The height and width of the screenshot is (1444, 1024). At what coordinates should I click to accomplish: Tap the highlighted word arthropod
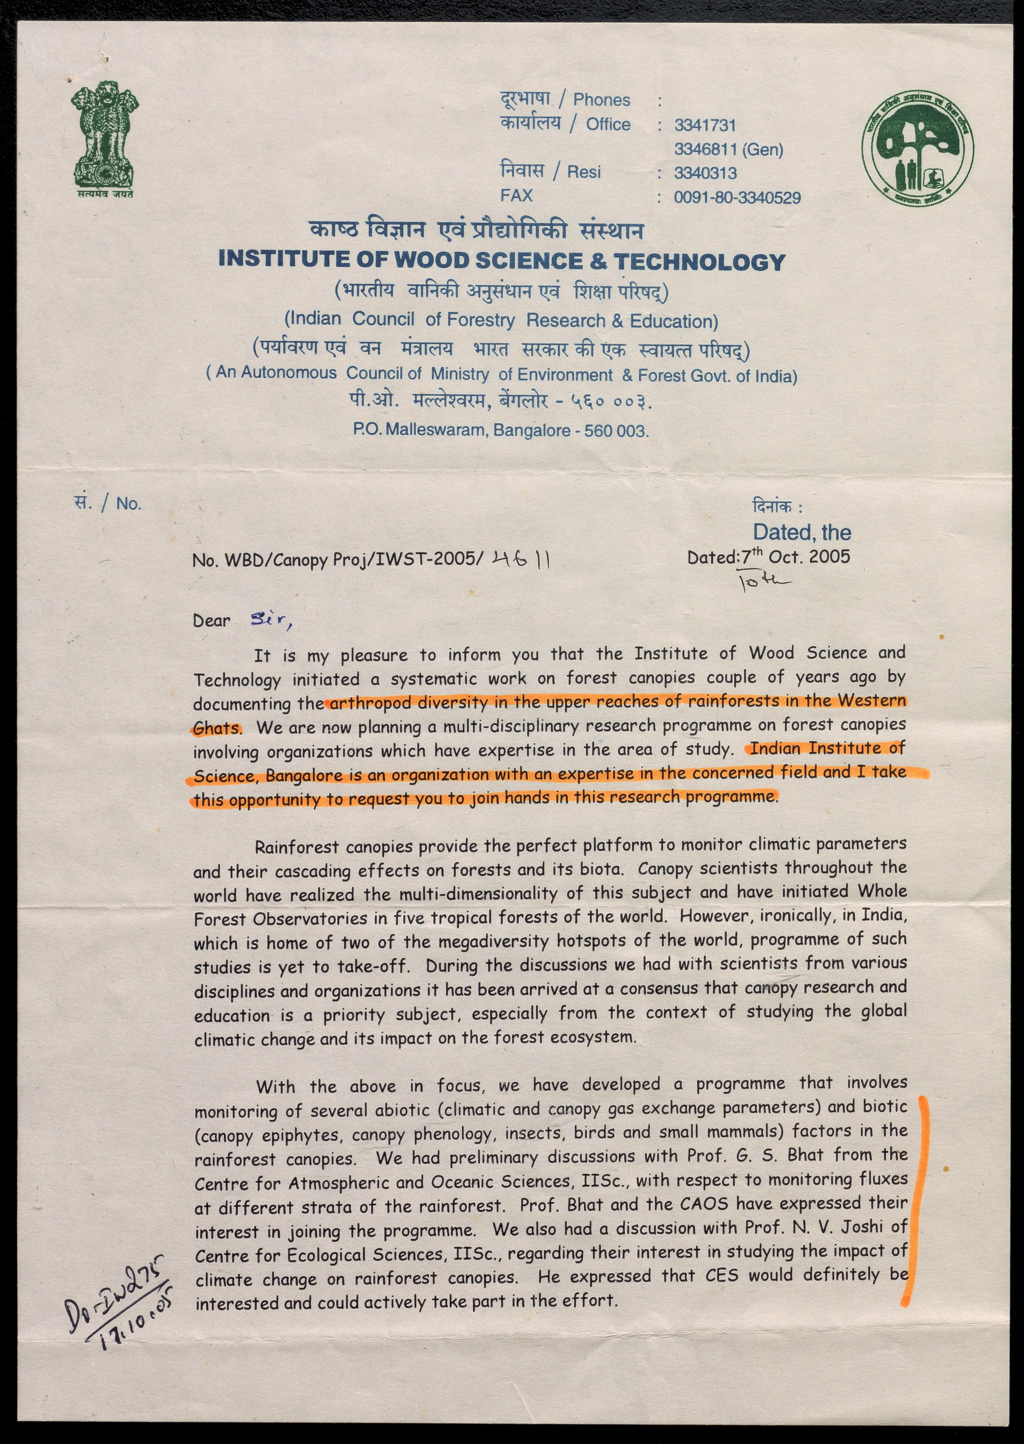pos(362,703)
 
